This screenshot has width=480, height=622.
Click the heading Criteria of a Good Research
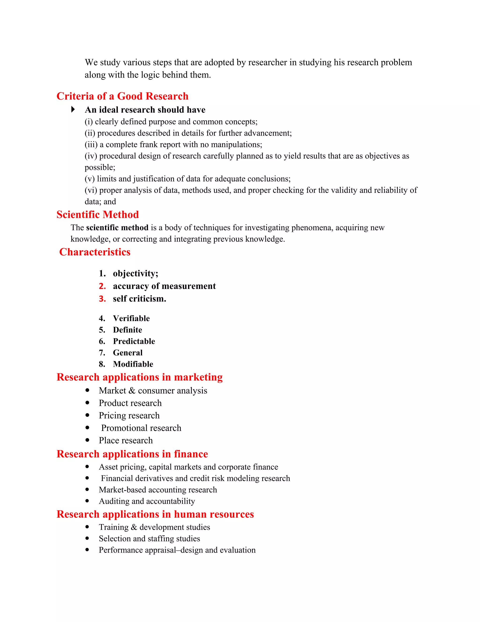coord(122,96)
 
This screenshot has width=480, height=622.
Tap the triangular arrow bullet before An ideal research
coord(73,109)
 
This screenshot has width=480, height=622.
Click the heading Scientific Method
coord(97,215)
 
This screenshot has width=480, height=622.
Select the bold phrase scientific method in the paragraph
coord(117,227)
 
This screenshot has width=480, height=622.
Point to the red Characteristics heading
coord(95,252)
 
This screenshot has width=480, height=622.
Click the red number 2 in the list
coord(102,286)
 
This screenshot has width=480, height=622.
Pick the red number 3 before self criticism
coord(102,299)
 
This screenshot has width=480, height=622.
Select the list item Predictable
coord(134,341)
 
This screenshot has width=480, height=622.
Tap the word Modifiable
coord(133,364)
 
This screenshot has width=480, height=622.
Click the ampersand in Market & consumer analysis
coord(132,391)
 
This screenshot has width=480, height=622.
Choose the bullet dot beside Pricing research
coord(87,415)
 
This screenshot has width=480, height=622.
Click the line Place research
coord(126,440)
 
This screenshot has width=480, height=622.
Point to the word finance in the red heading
coord(191,454)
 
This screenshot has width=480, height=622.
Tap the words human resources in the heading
coord(214,514)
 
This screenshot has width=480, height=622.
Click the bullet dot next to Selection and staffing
coord(87,538)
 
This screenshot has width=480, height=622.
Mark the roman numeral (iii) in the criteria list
coord(91,145)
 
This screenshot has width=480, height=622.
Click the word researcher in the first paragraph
coord(267,62)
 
